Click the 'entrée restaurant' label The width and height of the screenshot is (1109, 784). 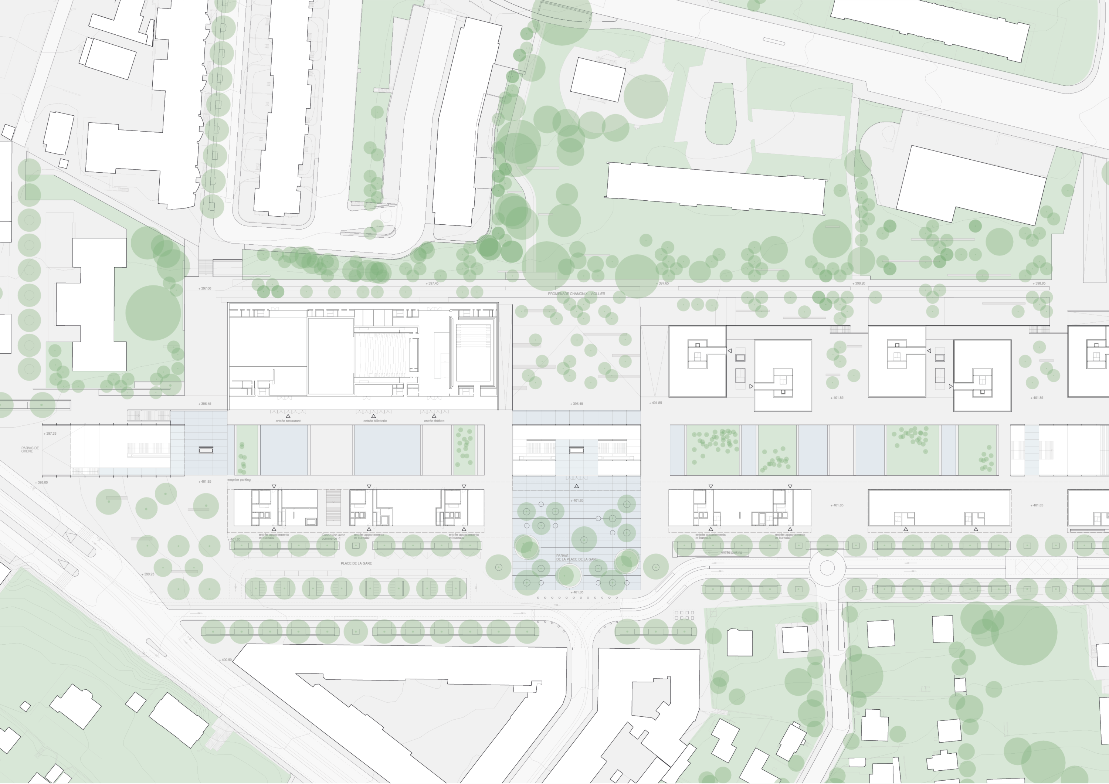(288, 421)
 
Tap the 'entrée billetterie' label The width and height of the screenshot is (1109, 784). (375, 421)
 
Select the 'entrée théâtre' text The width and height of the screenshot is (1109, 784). (434, 421)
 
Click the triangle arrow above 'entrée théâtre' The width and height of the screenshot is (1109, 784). (434, 415)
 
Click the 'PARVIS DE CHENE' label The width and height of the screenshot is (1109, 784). (30, 449)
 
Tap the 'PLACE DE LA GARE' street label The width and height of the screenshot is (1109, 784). (356, 563)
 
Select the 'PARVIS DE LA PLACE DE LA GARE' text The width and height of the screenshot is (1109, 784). (576, 557)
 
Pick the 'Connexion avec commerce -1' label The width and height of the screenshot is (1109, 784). (333, 537)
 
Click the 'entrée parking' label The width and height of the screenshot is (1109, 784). (731, 552)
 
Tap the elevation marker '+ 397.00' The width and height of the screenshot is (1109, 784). (205, 288)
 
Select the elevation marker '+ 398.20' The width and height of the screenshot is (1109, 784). (858, 284)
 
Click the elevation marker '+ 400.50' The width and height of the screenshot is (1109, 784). (225, 659)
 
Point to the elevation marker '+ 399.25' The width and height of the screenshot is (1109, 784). (148, 574)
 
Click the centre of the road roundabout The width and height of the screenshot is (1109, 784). (827, 568)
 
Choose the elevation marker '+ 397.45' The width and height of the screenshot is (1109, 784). (432, 284)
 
